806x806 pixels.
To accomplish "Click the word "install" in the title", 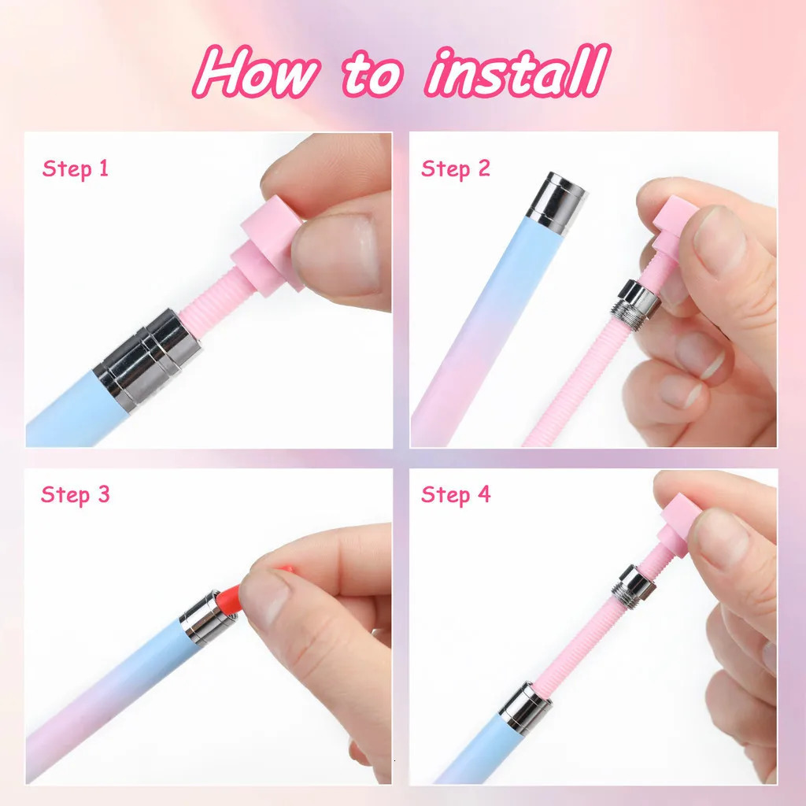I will tap(517, 73).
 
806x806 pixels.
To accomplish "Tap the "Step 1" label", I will tap(75, 168).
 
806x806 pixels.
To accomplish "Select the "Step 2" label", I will tap(455, 168).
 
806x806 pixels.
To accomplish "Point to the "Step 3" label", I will tap(75, 494).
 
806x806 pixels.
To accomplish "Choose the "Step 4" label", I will tap(455, 494).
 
